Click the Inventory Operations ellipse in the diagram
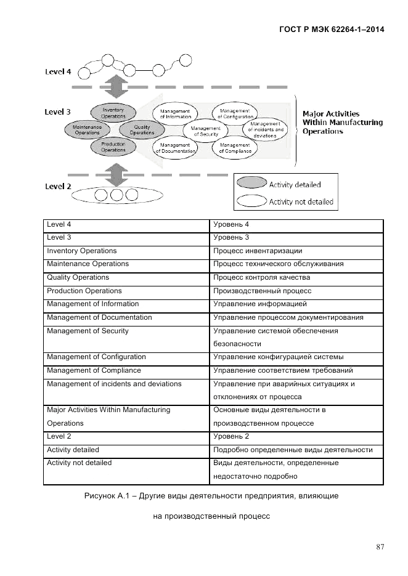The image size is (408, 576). (x=113, y=113)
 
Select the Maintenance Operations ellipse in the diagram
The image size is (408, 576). (x=86, y=129)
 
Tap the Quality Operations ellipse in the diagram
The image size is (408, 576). (x=142, y=129)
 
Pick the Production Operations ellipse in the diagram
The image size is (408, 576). (x=113, y=147)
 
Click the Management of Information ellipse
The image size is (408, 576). (x=176, y=113)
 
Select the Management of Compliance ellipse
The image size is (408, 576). (x=235, y=148)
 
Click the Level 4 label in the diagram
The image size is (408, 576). (x=58, y=71)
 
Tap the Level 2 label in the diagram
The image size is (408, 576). (x=58, y=186)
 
